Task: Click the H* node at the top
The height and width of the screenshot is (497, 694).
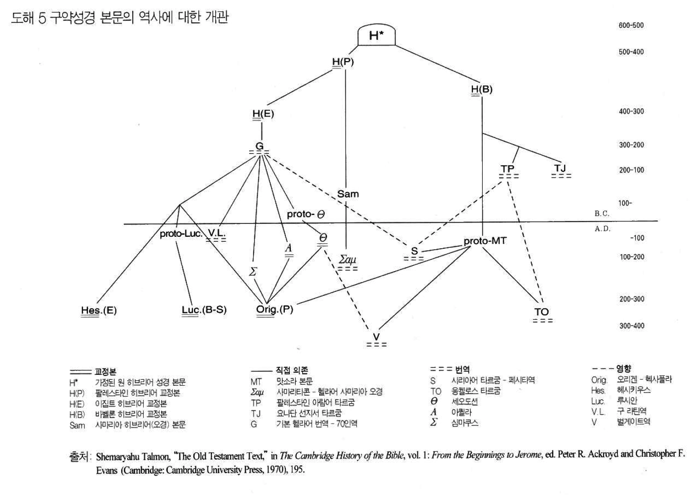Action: [376, 35]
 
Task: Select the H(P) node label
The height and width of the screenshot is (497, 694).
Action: [343, 62]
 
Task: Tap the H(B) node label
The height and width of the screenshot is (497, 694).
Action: [482, 89]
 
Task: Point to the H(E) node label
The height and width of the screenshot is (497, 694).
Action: [263, 114]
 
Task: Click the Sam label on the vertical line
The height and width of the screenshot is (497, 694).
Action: [347, 194]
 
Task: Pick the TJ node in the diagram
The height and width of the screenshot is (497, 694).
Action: [560, 169]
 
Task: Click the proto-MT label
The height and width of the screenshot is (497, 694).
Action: [485, 241]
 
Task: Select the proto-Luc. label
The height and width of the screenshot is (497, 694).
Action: [181, 233]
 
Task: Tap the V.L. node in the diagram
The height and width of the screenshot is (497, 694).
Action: [216, 233]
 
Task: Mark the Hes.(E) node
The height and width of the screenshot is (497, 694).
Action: [99, 310]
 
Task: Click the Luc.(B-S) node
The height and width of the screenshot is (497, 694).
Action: [204, 310]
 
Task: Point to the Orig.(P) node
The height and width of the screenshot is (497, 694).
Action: [274, 309]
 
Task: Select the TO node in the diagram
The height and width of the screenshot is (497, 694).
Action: [542, 312]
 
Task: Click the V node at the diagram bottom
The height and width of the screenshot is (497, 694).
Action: [376, 337]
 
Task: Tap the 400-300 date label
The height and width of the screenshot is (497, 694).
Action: [631, 111]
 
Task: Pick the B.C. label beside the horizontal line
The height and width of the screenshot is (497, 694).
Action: [602, 213]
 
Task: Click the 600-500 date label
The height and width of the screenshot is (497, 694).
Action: [631, 25]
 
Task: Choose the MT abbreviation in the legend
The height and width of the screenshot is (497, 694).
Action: [256, 381]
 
